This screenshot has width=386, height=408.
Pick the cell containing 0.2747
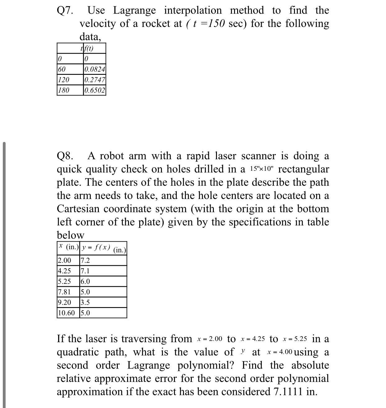pos(95,80)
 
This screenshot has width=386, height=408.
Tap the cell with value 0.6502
pos(95,90)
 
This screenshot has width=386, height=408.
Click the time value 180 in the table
pos(64,90)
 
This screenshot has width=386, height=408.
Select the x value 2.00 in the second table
pos(65,260)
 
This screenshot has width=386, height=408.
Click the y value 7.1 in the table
pos(85,271)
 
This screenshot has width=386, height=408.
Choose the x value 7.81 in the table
pos(65,292)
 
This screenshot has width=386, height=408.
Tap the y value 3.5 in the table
pos(85,302)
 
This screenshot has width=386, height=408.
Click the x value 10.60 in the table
pos(67,313)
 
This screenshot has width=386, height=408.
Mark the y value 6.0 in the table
pos(85,281)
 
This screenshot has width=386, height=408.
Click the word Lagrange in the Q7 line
pos(134,11)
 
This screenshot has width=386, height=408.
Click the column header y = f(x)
pos(96,248)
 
